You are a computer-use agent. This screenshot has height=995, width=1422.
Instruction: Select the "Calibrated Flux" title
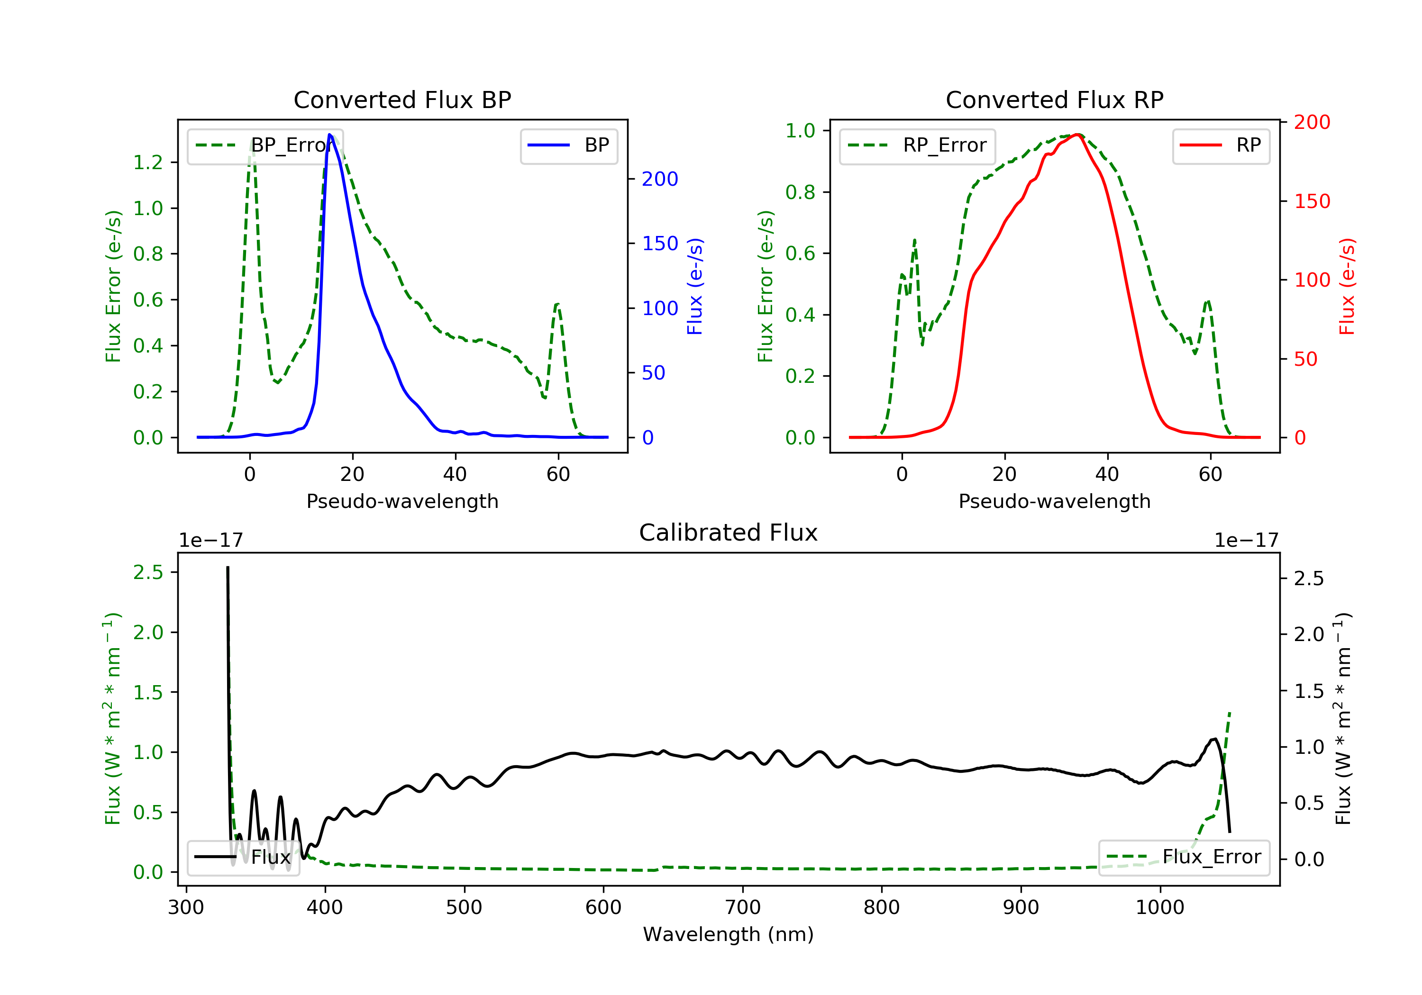[729, 533]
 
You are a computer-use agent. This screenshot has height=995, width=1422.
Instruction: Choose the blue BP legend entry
[568, 145]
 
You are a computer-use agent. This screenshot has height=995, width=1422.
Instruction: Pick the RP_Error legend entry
[917, 145]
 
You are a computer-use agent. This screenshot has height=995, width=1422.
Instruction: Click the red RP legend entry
[1220, 145]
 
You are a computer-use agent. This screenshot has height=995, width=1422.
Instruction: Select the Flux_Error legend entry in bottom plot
[1184, 857]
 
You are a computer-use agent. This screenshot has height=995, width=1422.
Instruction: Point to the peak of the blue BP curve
[329, 135]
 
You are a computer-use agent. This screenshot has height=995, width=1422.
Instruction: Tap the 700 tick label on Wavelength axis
[743, 908]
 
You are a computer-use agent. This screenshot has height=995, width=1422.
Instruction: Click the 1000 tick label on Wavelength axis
[1160, 908]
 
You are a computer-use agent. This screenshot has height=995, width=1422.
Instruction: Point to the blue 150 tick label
[660, 244]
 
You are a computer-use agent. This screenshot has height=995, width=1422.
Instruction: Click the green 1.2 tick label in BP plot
[148, 163]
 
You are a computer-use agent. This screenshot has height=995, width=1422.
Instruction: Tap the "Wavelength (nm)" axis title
[729, 934]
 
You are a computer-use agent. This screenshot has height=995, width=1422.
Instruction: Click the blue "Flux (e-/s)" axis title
[695, 287]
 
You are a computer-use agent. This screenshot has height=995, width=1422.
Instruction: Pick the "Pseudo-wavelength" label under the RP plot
[1055, 501]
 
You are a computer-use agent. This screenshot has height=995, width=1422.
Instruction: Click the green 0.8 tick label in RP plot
[800, 192]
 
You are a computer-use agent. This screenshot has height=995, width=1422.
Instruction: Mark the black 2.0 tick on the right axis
[1309, 634]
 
